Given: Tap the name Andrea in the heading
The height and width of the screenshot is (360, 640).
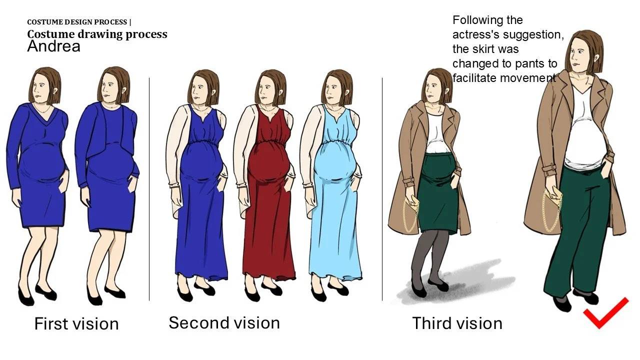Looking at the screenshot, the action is click(x=53, y=46).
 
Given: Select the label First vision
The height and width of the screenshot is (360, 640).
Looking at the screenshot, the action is click(x=76, y=323).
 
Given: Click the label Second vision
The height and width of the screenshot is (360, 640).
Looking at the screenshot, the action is click(x=224, y=323).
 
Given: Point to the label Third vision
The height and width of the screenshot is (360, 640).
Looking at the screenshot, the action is click(x=457, y=323).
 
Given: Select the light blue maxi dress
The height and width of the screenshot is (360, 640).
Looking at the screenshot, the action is click(x=335, y=194).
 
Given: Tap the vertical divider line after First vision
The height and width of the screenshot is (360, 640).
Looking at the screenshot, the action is click(x=149, y=189).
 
